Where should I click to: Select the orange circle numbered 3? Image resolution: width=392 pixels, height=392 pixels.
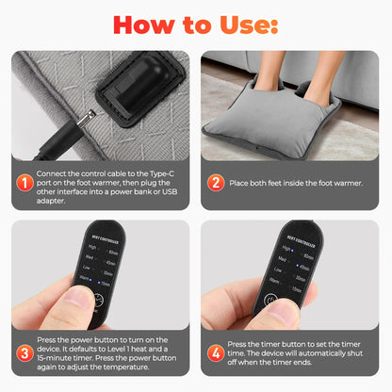[24, 352]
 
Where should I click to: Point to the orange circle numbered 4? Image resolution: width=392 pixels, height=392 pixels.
[216, 352]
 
